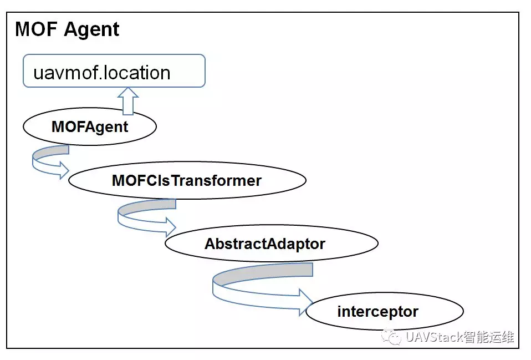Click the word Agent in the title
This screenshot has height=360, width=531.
coord(91,29)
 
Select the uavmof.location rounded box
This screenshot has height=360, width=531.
coord(114,71)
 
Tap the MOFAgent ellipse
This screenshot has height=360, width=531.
coord(89,126)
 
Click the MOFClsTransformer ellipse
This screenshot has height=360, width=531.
coord(186,181)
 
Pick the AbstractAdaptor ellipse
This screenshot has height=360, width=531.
coord(271,244)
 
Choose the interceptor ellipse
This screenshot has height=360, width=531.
coord(384,312)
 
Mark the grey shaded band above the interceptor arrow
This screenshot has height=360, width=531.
coord(263,272)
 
